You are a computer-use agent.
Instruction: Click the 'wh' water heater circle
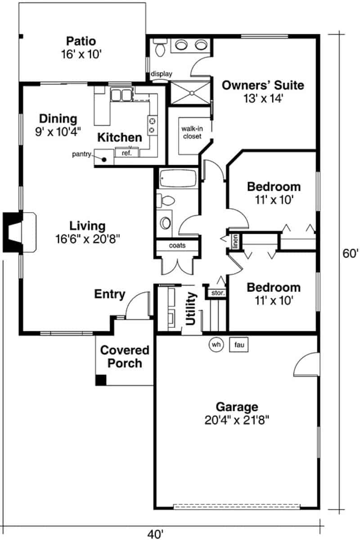pos(217,345)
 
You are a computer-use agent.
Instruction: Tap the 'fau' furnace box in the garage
pos(239,345)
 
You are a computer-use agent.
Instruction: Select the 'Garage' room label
pos(237,407)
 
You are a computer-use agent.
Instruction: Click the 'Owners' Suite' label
pos(263,85)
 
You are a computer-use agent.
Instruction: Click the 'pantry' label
pos(81,154)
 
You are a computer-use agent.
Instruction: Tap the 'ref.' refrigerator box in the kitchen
pos(126,153)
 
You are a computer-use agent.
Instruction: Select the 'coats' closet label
pos(177,246)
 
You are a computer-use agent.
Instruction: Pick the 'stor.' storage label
pos(218,293)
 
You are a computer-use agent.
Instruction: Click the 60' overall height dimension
pos(350,253)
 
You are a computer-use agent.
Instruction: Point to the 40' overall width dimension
pos(155,534)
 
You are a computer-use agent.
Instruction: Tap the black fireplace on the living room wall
pos(10,232)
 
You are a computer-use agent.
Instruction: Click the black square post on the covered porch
pos(101,380)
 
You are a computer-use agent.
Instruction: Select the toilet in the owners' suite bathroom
pos(160,46)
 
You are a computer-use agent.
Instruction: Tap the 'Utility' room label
pos(191,309)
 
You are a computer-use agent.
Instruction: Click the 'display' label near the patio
pos(162,74)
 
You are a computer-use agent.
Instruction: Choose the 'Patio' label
pos(81,41)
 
